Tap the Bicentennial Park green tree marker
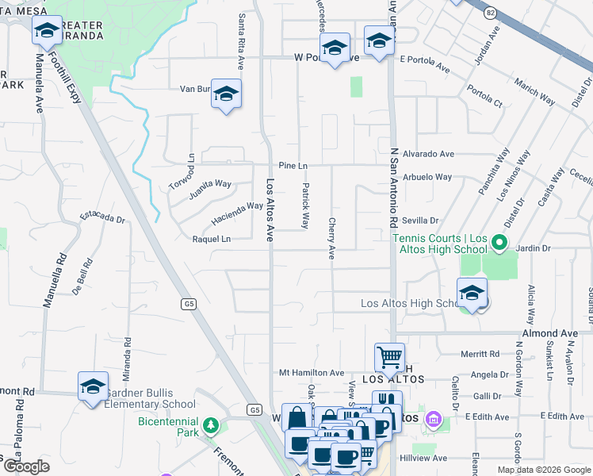coord(210,427)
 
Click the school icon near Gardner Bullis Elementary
coord(93,386)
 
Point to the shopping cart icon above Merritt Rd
coord(389,357)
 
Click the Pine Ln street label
coord(292,165)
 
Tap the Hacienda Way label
coord(236,212)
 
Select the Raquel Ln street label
coord(212,239)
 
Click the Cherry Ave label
coord(331,239)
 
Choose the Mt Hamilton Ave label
coord(312,372)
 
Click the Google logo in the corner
coord(26,466)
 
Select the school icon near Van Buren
coord(226,94)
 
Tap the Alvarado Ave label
coord(428,154)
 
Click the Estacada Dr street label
coord(103,217)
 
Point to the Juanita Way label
coord(210,190)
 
